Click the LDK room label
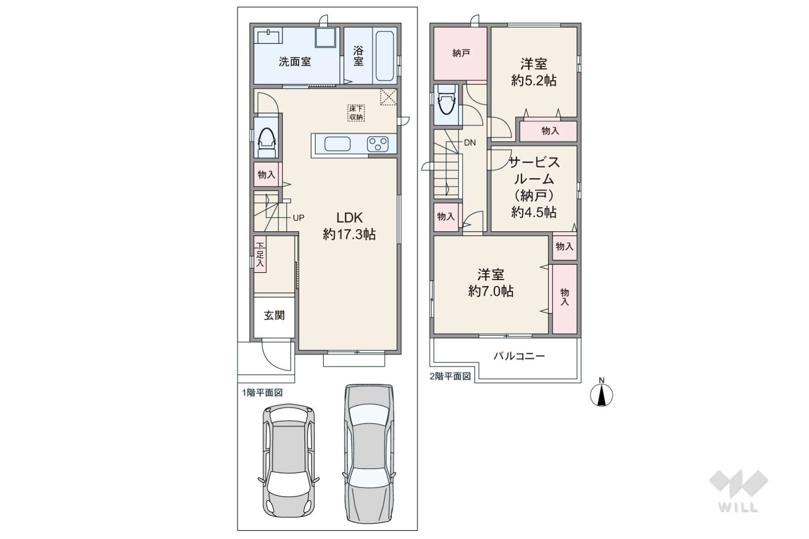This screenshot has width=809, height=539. tap(349, 217)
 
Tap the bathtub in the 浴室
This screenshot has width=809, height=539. tap(385, 56)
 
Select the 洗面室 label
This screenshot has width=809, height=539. tap(295, 62)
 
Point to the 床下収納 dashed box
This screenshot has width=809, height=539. tap(356, 113)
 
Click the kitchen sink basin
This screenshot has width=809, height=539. tap(337, 144)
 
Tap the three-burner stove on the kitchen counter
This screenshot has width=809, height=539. tap(378, 144)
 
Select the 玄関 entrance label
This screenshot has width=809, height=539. tap(274, 315)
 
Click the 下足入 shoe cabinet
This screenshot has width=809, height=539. tap(260, 254)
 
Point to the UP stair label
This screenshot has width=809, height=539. tap(298, 218)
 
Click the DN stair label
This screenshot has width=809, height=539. tap(470, 143)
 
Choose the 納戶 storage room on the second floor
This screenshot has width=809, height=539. tap(461, 54)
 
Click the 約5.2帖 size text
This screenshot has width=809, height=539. tap(534, 81)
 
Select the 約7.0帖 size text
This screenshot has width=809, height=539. tap(491, 291)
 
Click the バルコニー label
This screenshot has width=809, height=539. tap(519, 357)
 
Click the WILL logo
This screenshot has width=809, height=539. tap(738, 491)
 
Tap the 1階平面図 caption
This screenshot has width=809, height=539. tap(262, 393)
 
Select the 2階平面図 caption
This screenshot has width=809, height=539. tap(450, 376)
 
